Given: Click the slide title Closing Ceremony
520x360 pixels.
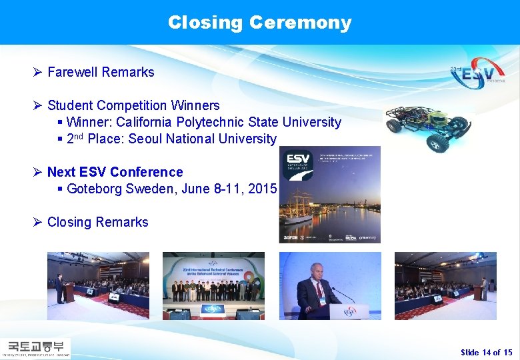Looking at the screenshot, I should pyautogui.click(x=259, y=23).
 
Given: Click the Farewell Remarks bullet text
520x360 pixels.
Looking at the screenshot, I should pyautogui.click(x=101, y=72).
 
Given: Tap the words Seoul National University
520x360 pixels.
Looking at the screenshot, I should pyautogui.click(x=202, y=139).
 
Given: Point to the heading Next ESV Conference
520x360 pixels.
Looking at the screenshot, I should pyautogui.click(x=115, y=172).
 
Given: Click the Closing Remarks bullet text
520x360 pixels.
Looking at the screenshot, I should pyautogui.click(x=97, y=222).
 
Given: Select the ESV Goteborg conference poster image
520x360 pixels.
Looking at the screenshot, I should pyautogui.click(x=329, y=194).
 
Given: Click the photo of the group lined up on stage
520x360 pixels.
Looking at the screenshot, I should pyautogui.click(x=213, y=285).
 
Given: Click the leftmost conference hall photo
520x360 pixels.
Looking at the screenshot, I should pyautogui.click(x=98, y=285).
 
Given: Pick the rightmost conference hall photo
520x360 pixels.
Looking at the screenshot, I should pyautogui.click(x=445, y=285).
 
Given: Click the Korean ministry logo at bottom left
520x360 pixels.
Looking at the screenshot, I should pyautogui.click(x=36, y=348).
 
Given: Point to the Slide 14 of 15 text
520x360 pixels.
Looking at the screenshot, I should pyautogui.click(x=486, y=352).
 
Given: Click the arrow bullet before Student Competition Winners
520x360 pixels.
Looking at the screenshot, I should pyautogui.click(x=38, y=105).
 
